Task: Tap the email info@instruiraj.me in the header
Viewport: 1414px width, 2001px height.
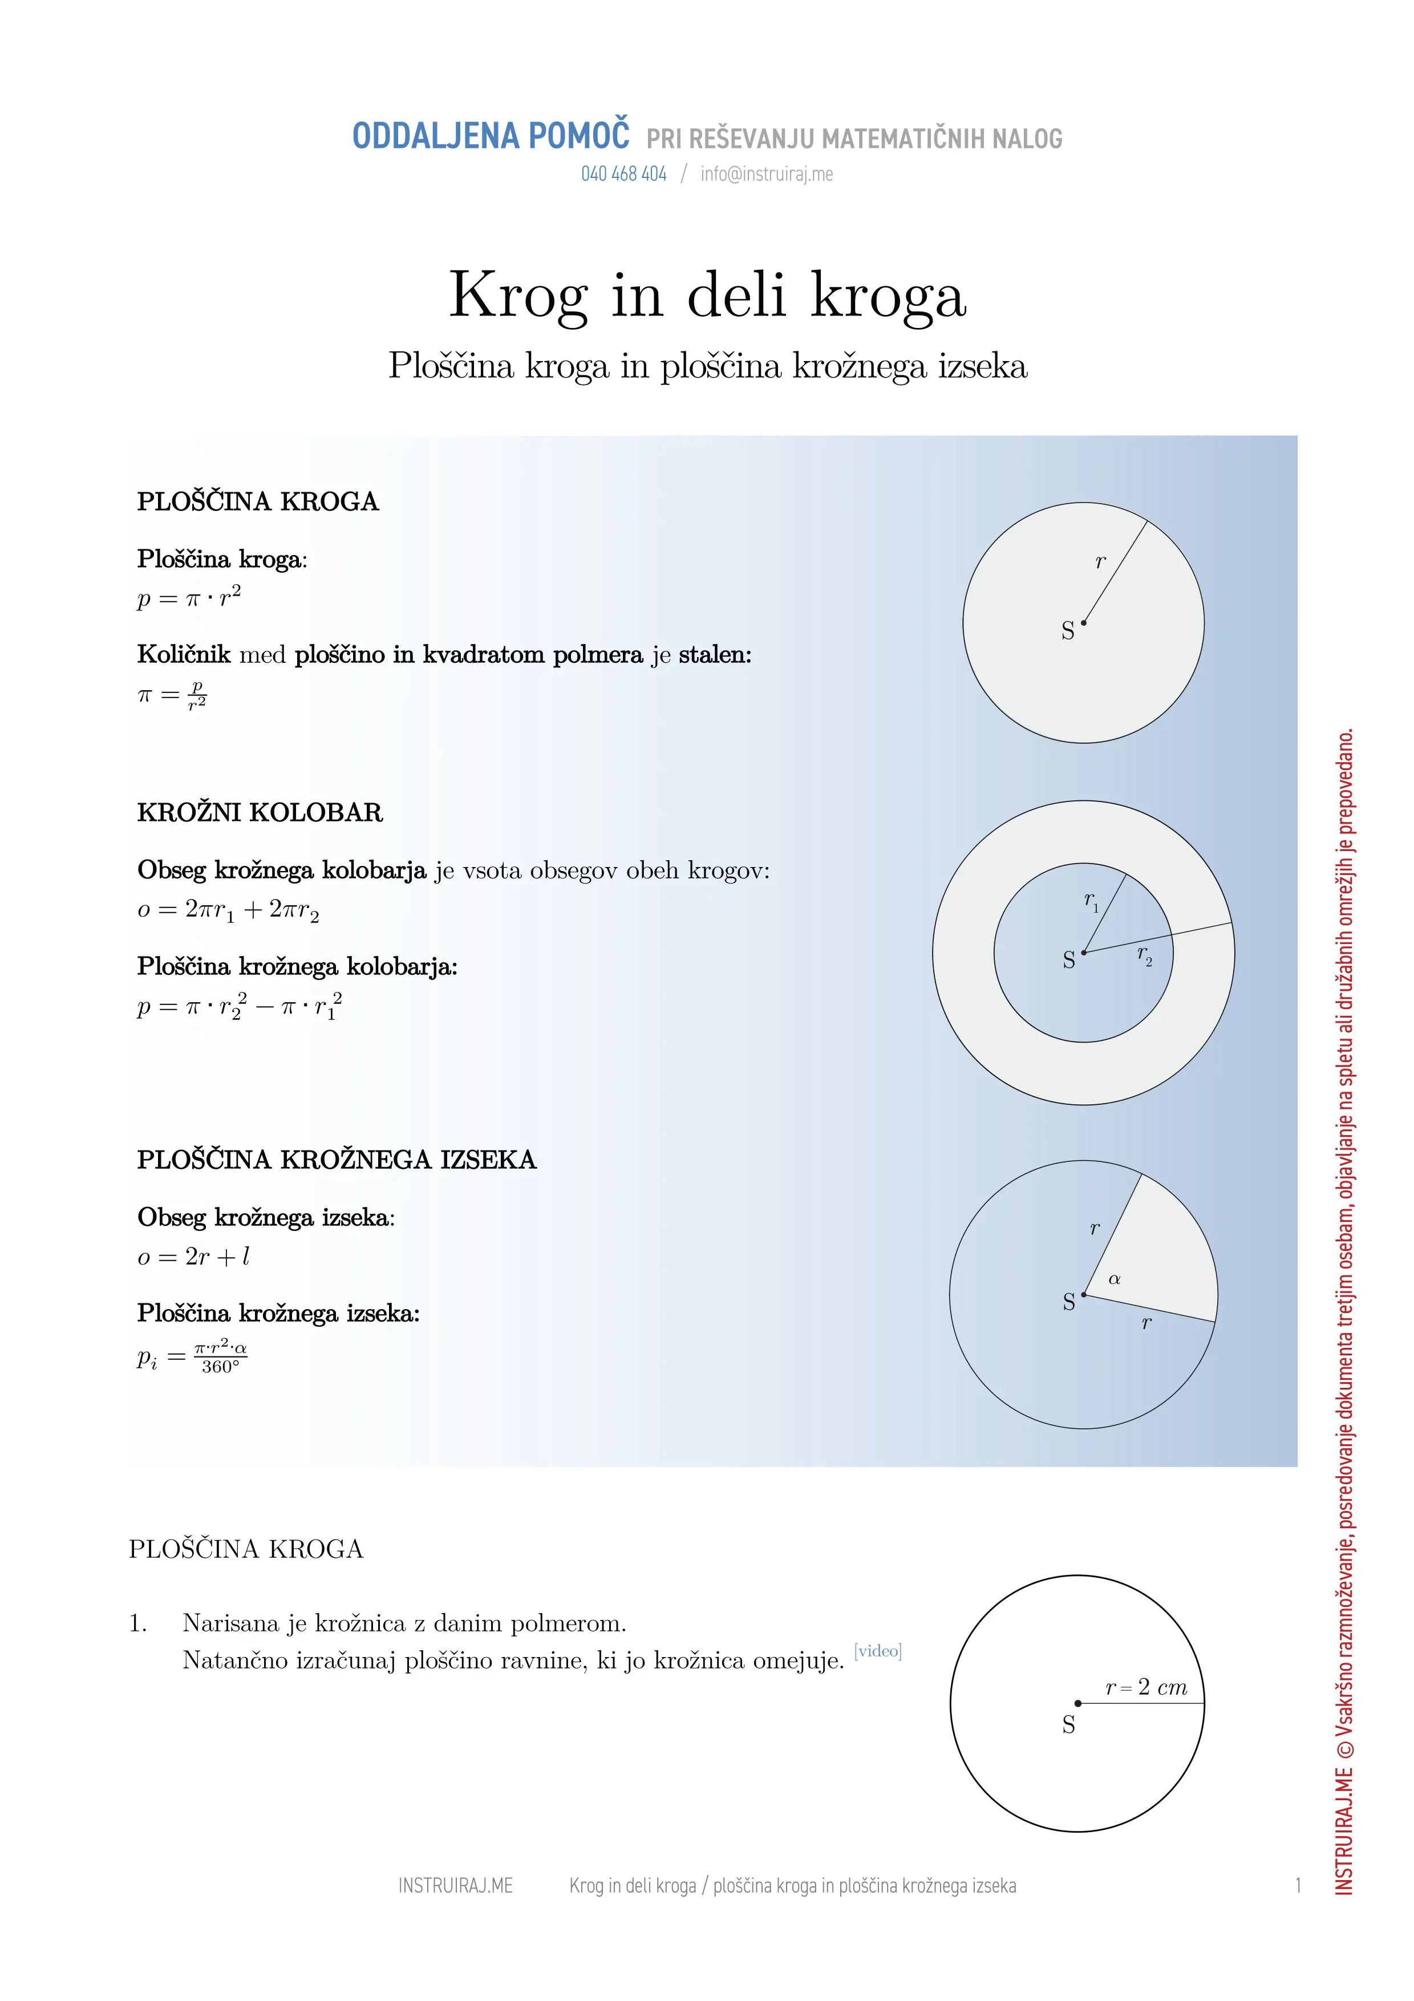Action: click(x=767, y=175)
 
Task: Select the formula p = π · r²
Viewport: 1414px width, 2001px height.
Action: click(x=189, y=598)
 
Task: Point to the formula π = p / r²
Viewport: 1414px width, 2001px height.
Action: click(x=172, y=695)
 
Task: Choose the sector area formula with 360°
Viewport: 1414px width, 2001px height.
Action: click(x=193, y=1358)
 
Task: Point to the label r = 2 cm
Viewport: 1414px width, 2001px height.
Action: click(x=1146, y=1687)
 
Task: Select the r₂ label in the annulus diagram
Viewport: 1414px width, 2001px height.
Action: click(x=1144, y=955)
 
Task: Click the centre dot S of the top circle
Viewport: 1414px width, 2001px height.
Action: click(x=1084, y=623)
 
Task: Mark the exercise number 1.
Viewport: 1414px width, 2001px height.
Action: click(x=137, y=1623)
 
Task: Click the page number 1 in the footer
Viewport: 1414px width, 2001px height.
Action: click(x=1297, y=1886)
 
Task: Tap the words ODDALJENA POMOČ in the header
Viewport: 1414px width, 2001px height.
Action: click(x=491, y=137)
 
